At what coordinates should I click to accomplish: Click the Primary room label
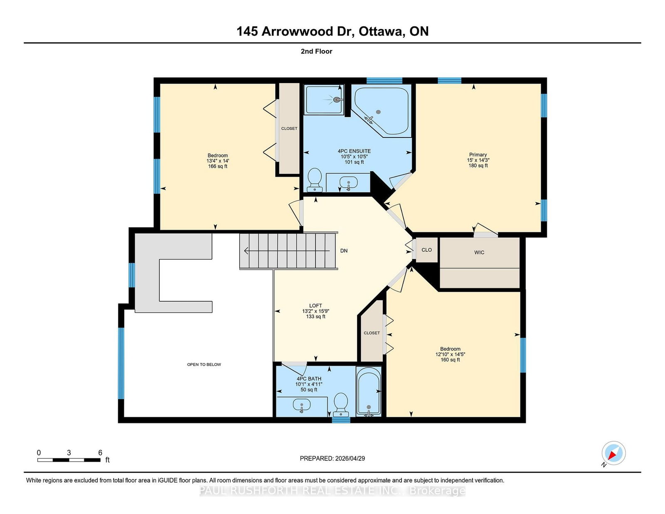pos(478,155)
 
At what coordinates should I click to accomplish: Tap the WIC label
pos(479,252)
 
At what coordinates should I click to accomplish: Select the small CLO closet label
pos(426,250)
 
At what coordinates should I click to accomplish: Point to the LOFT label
pos(315,306)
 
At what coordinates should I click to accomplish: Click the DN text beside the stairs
pos(344,251)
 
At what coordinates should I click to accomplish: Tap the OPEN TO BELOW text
pos(204,364)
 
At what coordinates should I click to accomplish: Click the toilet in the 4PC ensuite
pos(314,180)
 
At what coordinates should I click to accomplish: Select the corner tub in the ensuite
pos(382,111)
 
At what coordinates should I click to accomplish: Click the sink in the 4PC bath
pos(302,406)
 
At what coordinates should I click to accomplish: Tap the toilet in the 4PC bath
pos(341,405)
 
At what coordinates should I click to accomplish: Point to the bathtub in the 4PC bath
pos(369,391)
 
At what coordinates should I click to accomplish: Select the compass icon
pos(613,453)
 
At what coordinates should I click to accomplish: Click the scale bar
pos(69,460)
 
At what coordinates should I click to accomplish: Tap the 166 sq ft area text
pos(218,167)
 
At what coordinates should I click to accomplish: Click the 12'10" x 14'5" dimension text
pos(450,354)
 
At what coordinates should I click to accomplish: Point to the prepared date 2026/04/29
pos(350,458)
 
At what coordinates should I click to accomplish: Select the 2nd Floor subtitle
pos(316,52)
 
